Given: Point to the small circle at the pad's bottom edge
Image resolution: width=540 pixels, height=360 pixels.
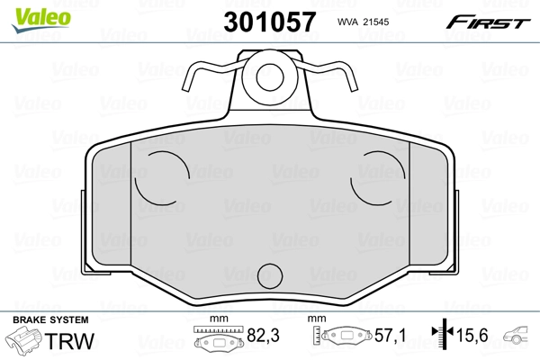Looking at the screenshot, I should coord(270,276).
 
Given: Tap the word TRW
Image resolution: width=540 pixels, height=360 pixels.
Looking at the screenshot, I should coord(74,341).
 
